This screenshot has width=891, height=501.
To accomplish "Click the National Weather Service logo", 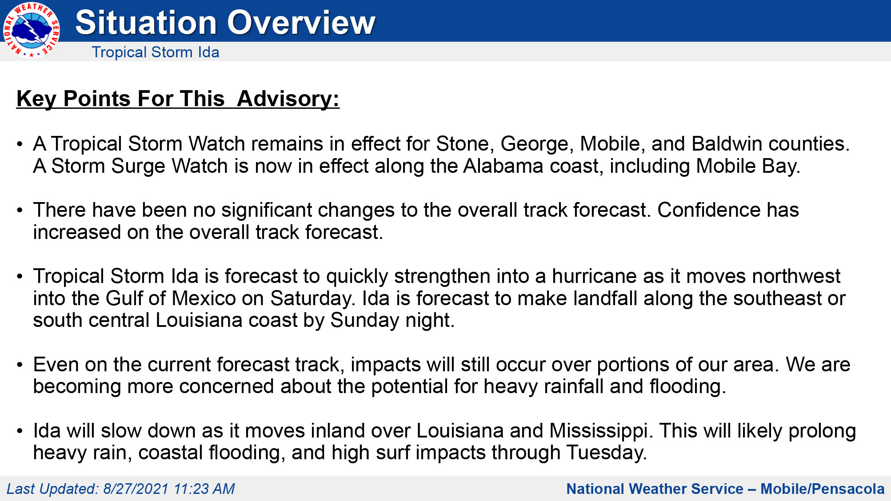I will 31,30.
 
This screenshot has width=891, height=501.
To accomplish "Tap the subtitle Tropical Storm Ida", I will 155,52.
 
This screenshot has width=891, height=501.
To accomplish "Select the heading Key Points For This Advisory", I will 178,99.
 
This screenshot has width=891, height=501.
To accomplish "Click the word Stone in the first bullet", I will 462,144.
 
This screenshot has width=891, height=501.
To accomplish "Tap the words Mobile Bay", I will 747,166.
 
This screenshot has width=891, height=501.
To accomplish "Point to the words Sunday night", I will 392,320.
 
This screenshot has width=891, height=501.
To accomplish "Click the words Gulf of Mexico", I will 171,298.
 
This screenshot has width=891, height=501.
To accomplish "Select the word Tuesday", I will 606,453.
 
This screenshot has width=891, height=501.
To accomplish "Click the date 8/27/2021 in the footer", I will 136,489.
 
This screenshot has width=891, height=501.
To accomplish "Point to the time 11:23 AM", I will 204,489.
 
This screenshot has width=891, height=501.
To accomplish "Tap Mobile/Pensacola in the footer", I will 822,489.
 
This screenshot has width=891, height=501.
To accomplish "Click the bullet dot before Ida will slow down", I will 20,431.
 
